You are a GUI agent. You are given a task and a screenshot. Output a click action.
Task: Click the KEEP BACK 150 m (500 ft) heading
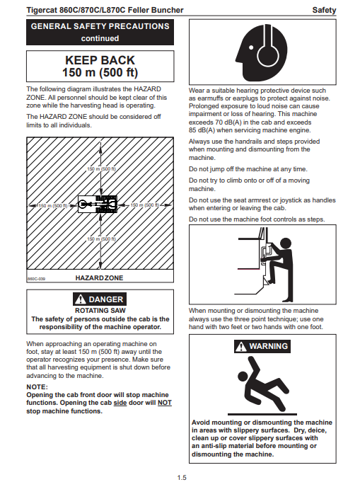(x=100, y=66)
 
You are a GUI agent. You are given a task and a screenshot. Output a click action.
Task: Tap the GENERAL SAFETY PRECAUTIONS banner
(x=100, y=33)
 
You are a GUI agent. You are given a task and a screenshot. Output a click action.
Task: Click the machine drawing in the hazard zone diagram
(x=98, y=204)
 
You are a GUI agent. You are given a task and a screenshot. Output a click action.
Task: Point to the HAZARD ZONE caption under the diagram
(x=99, y=278)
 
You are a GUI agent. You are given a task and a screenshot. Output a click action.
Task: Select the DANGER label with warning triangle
(x=100, y=299)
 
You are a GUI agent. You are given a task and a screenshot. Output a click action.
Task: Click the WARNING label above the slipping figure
(x=262, y=346)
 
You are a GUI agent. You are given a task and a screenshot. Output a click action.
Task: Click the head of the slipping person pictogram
(x=243, y=376)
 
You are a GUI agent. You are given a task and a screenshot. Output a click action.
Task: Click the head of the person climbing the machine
(x=286, y=243)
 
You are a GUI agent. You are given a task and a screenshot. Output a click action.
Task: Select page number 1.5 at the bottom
(x=182, y=477)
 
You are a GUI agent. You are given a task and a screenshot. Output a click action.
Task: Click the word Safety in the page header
(x=324, y=10)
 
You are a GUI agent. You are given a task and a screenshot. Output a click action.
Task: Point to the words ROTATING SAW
(x=100, y=311)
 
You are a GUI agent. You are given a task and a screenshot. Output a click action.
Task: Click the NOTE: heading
(x=37, y=386)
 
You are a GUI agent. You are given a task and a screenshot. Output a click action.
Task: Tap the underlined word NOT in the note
(x=165, y=403)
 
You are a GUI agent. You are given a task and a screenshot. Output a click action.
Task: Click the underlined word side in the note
(x=120, y=403)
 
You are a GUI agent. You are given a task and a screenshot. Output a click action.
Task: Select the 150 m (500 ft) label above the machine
(x=101, y=169)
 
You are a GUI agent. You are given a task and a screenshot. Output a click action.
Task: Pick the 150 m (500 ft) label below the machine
(x=101, y=239)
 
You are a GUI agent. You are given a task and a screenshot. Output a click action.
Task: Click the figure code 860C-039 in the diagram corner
(x=36, y=279)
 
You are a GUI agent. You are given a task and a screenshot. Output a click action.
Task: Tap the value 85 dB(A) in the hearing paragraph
(x=202, y=130)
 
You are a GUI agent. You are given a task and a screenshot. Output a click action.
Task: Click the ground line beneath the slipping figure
(x=262, y=414)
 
